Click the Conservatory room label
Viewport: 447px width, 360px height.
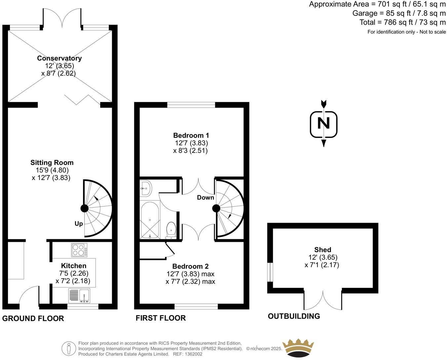click(59, 58)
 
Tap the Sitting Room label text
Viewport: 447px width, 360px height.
click(52, 162)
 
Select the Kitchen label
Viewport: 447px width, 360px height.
click(73, 266)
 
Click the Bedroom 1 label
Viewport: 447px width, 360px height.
click(191, 135)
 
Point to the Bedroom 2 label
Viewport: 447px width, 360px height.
click(190, 266)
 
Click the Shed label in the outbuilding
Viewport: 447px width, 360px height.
click(322, 250)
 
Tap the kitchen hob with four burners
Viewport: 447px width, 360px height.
click(79, 250)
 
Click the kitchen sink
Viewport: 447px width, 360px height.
click(79, 295)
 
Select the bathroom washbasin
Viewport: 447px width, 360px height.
click(145, 188)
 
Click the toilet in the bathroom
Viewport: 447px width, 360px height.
click(171, 230)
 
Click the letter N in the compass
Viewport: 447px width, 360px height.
click(323, 124)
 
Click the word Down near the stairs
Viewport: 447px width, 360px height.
click(205, 198)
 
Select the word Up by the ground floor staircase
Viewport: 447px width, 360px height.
click(79, 224)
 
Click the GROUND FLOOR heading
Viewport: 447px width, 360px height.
click(33, 318)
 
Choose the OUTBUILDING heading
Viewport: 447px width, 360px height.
click(294, 316)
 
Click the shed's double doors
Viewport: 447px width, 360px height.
click(323, 299)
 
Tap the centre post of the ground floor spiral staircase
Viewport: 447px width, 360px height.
click(84, 208)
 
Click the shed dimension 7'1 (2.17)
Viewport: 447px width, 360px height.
click(322, 265)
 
